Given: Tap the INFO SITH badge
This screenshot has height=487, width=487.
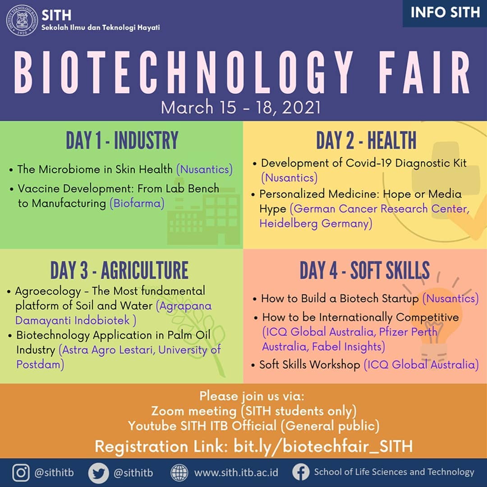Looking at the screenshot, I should [x=445, y=13].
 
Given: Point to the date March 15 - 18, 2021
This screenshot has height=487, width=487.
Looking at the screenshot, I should [x=241, y=108].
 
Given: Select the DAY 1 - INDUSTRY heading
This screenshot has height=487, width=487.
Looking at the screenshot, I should [x=122, y=141].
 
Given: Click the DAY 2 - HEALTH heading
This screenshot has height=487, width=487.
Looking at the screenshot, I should [x=366, y=141].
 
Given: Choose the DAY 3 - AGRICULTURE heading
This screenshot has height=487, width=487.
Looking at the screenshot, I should [x=119, y=271].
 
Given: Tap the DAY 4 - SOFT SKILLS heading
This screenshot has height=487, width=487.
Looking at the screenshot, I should [x=364, y=271].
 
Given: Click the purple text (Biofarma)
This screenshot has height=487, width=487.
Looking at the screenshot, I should [x=137, y=203].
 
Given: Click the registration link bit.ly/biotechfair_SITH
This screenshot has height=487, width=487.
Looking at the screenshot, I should [x=323, y=446].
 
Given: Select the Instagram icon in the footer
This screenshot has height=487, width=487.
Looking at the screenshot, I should [x=21, y=473].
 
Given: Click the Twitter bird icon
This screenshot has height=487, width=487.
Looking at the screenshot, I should [x=98, y=473].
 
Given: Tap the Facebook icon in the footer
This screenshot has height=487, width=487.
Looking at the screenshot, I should [x=300, y=473].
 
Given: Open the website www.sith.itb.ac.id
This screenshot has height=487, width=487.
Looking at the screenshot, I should [x=236, y=473].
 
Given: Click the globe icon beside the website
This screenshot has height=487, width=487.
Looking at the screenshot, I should [x=179, y=473].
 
